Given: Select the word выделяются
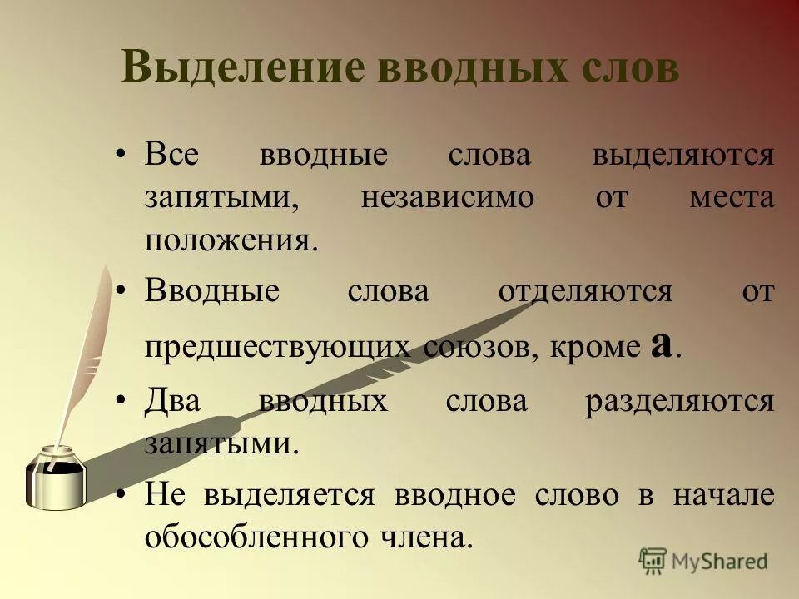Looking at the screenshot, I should coord(682,156).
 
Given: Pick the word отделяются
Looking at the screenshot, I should coord(584,292).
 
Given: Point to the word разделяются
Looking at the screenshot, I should coord(679,402).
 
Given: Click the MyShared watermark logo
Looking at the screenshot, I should coord(703,560).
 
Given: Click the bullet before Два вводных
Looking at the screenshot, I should coord(122,402).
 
